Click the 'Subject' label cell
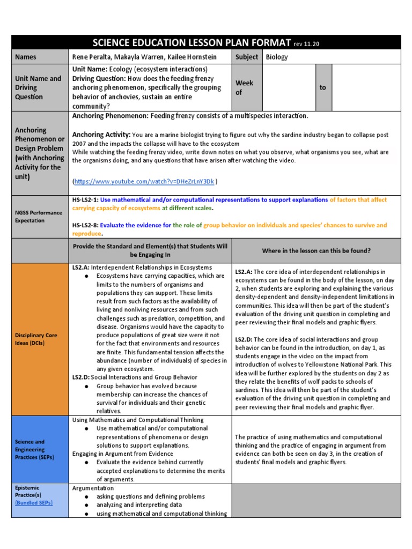[x=247, y=57]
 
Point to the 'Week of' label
[x=244, y=87]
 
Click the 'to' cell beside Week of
[x=322, y=87]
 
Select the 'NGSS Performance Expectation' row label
[x=39, y=216]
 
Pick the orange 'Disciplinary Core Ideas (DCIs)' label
[x=36, y=339]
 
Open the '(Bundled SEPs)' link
[x=34, y=503]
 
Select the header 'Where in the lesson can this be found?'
[x=316, y=250]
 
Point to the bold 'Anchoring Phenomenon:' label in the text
[x=110, y=116]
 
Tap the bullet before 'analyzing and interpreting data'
[x=86, y=505]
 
